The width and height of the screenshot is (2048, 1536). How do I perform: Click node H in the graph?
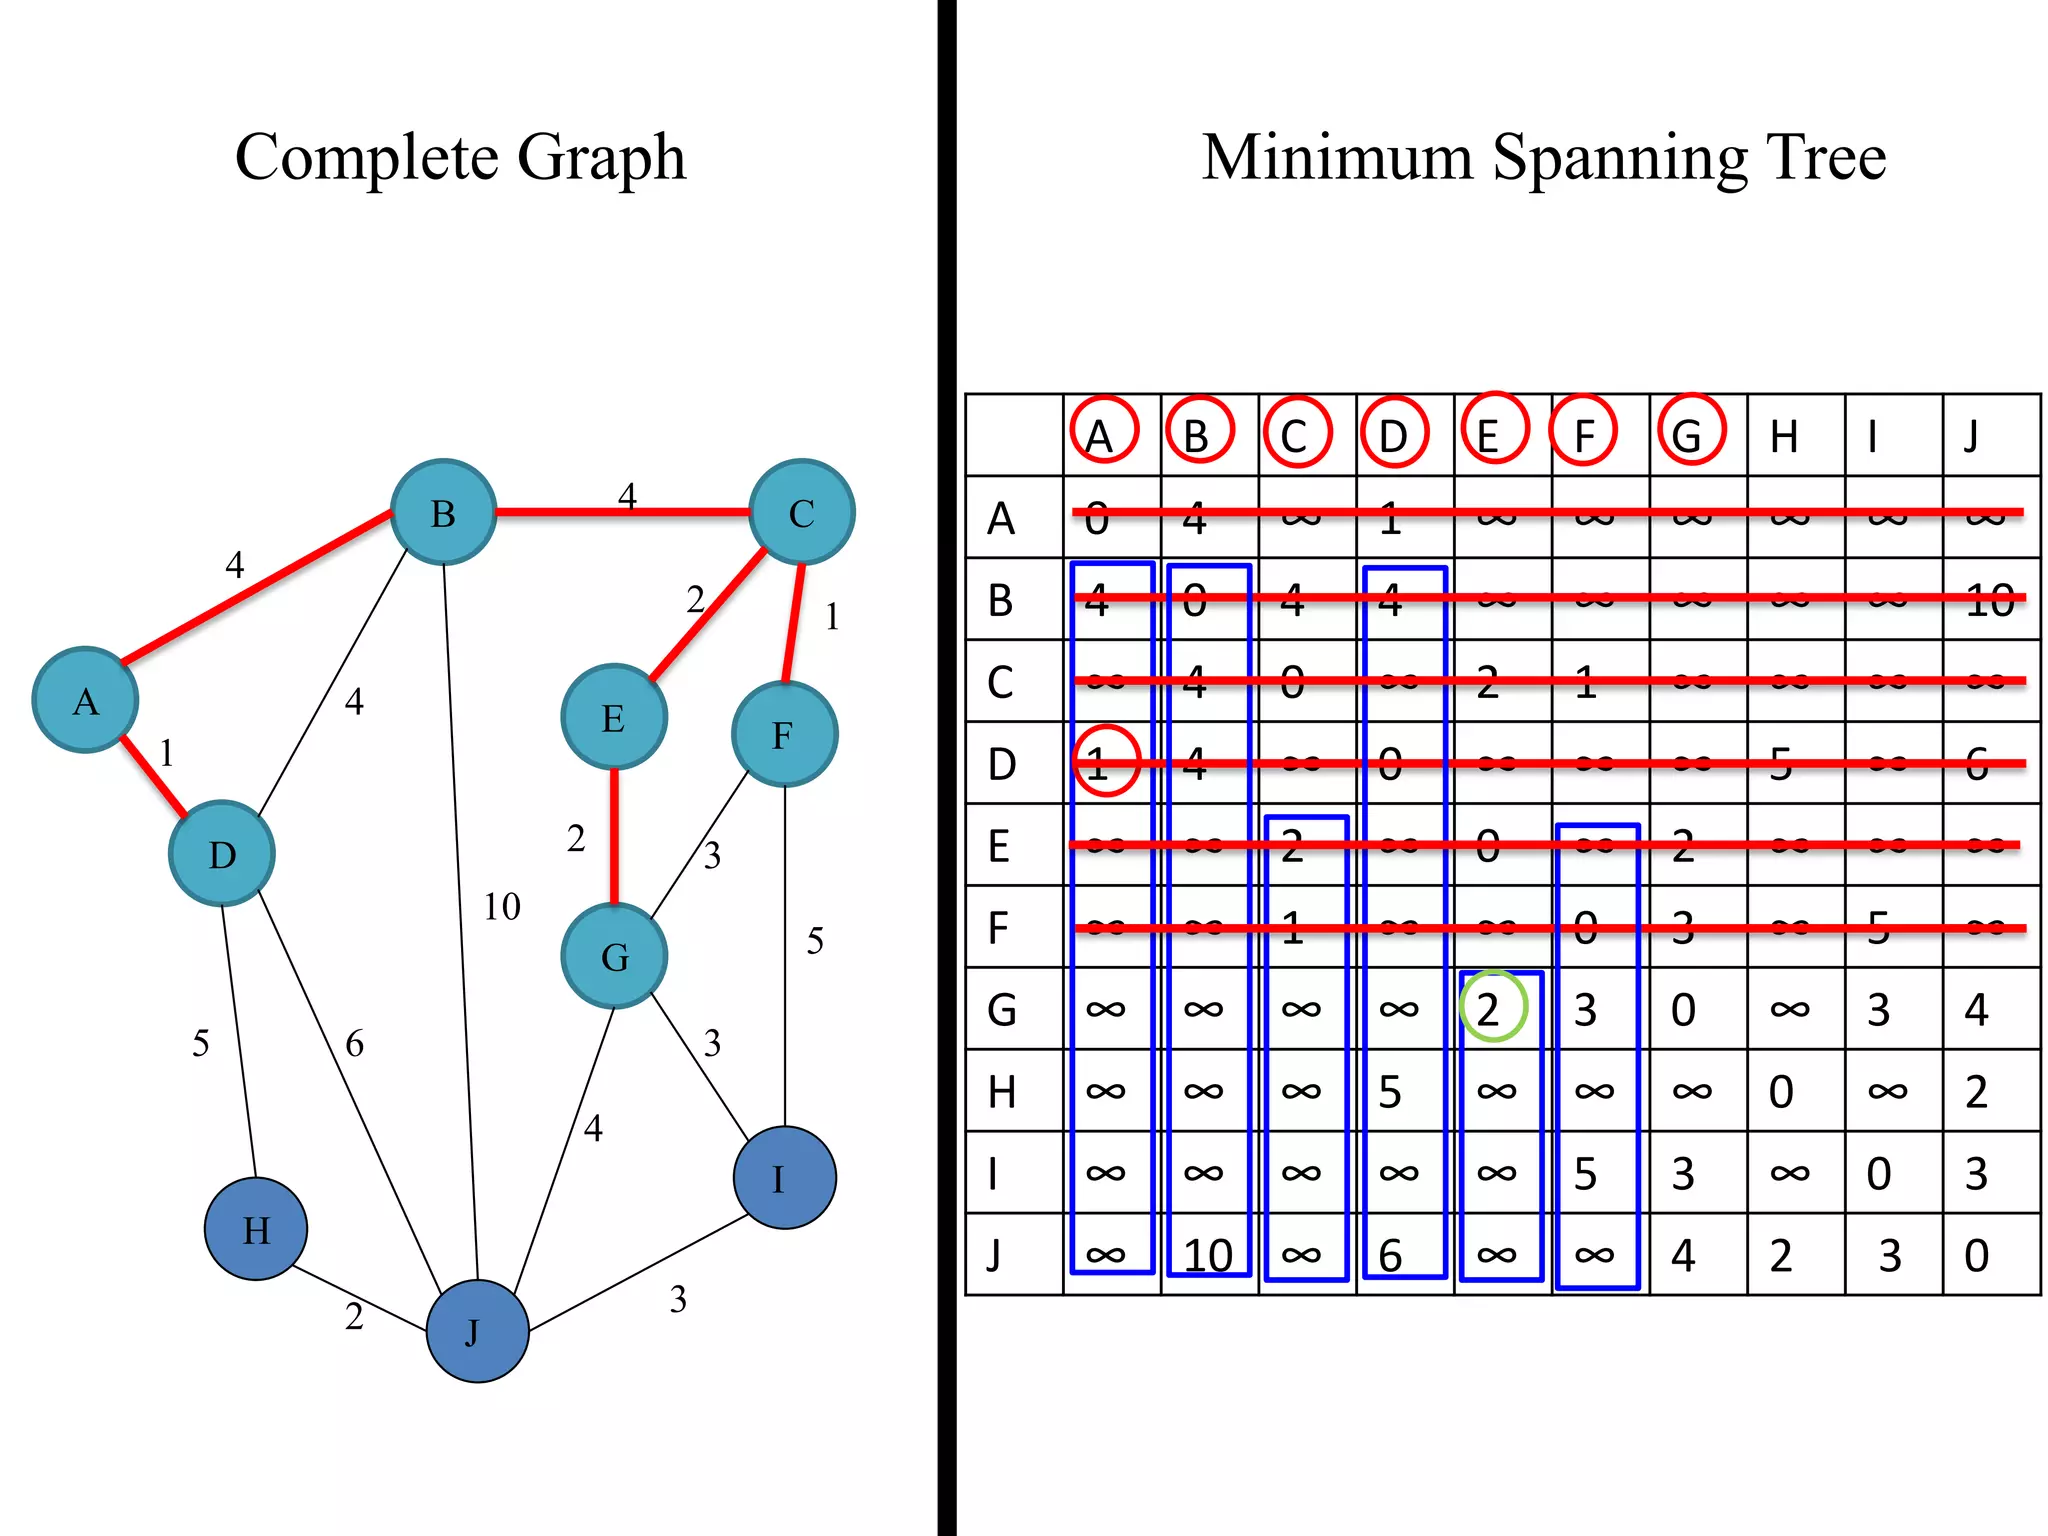[x=256, y=1229]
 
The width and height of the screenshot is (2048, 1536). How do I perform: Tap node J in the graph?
[x=477, y=1331]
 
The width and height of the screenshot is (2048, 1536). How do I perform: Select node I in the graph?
[x=784, y=1178]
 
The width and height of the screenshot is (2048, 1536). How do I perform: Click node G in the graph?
[x=614, y=956]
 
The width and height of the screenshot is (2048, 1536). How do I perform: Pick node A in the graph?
[x=86, y=700]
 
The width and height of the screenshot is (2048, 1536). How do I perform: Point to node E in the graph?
[x=614, y=717]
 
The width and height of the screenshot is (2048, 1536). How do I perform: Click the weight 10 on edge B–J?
[x=502, y=907]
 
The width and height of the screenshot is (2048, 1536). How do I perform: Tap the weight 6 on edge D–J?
[x=354, y=1044]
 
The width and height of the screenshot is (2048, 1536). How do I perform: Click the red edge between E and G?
[x=614, y=836]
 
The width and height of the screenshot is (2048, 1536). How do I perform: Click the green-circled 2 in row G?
[x=1492, y=1008]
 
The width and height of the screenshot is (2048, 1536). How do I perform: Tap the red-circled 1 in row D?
[x=1105, y=762]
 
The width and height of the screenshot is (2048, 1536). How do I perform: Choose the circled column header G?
[x=1690, y=432]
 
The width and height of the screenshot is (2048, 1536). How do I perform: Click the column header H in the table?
[x=1784, y=436]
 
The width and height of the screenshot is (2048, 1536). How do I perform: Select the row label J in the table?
[x=994, y=1254]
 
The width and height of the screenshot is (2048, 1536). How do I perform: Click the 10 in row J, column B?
[x=1207, y=1255]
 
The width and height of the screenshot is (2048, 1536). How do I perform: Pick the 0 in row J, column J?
[x=1976, y=1255]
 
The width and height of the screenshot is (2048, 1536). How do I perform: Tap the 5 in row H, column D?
[x=1390, y=1092]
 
